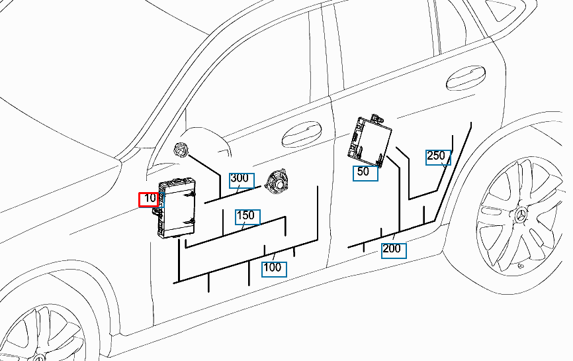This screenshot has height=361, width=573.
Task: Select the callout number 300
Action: point(240,178)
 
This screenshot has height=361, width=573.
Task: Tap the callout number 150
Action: point(245,215)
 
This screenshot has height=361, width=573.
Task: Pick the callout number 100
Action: point(272,268)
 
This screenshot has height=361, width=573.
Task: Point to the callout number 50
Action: point(363,172)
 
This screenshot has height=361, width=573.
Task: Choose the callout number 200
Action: point(392,248)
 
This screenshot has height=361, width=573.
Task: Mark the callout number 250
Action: point(435,156)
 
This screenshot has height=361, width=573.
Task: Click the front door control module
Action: point(177,208)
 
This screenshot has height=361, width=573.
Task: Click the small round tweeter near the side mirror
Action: point(181,150)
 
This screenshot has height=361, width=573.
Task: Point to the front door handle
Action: point(302,134)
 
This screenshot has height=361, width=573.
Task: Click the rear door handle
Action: point(466,77)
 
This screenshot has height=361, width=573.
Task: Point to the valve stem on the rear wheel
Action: point(520,266)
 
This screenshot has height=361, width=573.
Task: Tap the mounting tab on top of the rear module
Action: point(376,119)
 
